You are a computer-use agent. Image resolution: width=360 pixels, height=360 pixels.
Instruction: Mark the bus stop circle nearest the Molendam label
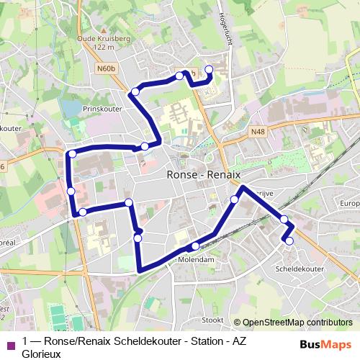pos(194,246)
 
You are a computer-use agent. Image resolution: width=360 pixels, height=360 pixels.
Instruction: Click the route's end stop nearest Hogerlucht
pos(210,69)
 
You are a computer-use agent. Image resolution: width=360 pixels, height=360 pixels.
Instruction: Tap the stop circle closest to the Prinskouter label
pos(135,91)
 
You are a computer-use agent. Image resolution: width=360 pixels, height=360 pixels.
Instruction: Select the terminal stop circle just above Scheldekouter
pos(289,241)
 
